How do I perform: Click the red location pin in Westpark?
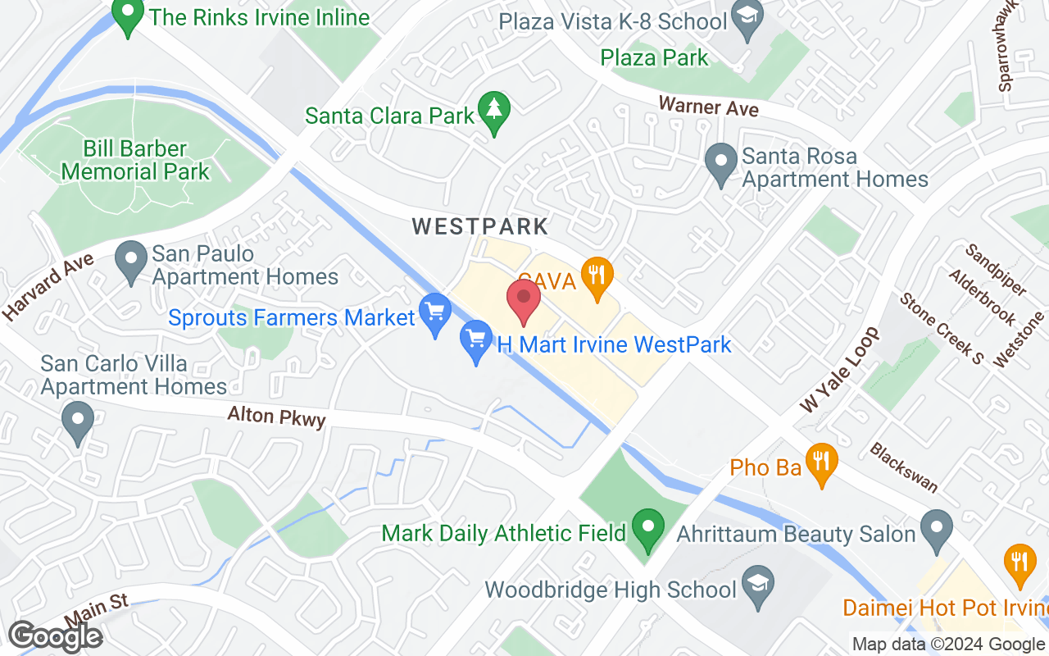click(524, 301)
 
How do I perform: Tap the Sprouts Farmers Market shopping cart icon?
click(435, 312)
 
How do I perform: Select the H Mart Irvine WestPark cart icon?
click(476, 339)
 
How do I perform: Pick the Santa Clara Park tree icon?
click(494, 111)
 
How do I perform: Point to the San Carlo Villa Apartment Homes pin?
click(78, 422)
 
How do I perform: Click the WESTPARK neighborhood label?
click(480, 226)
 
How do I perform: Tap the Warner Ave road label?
click(709, 107)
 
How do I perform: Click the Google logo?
click(56, 636)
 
